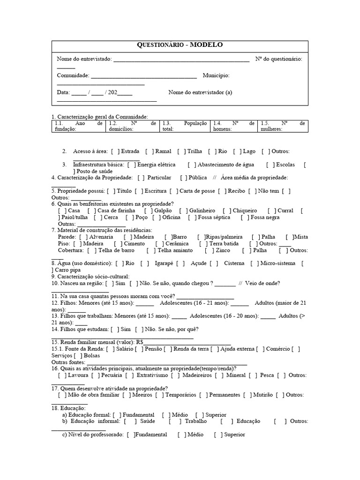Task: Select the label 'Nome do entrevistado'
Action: pos(84,59)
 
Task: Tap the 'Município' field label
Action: pos(216,75)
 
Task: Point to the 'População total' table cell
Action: pos(184,126)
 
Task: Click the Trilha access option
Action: pos(195,151)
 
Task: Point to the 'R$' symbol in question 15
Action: pos(138,342)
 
